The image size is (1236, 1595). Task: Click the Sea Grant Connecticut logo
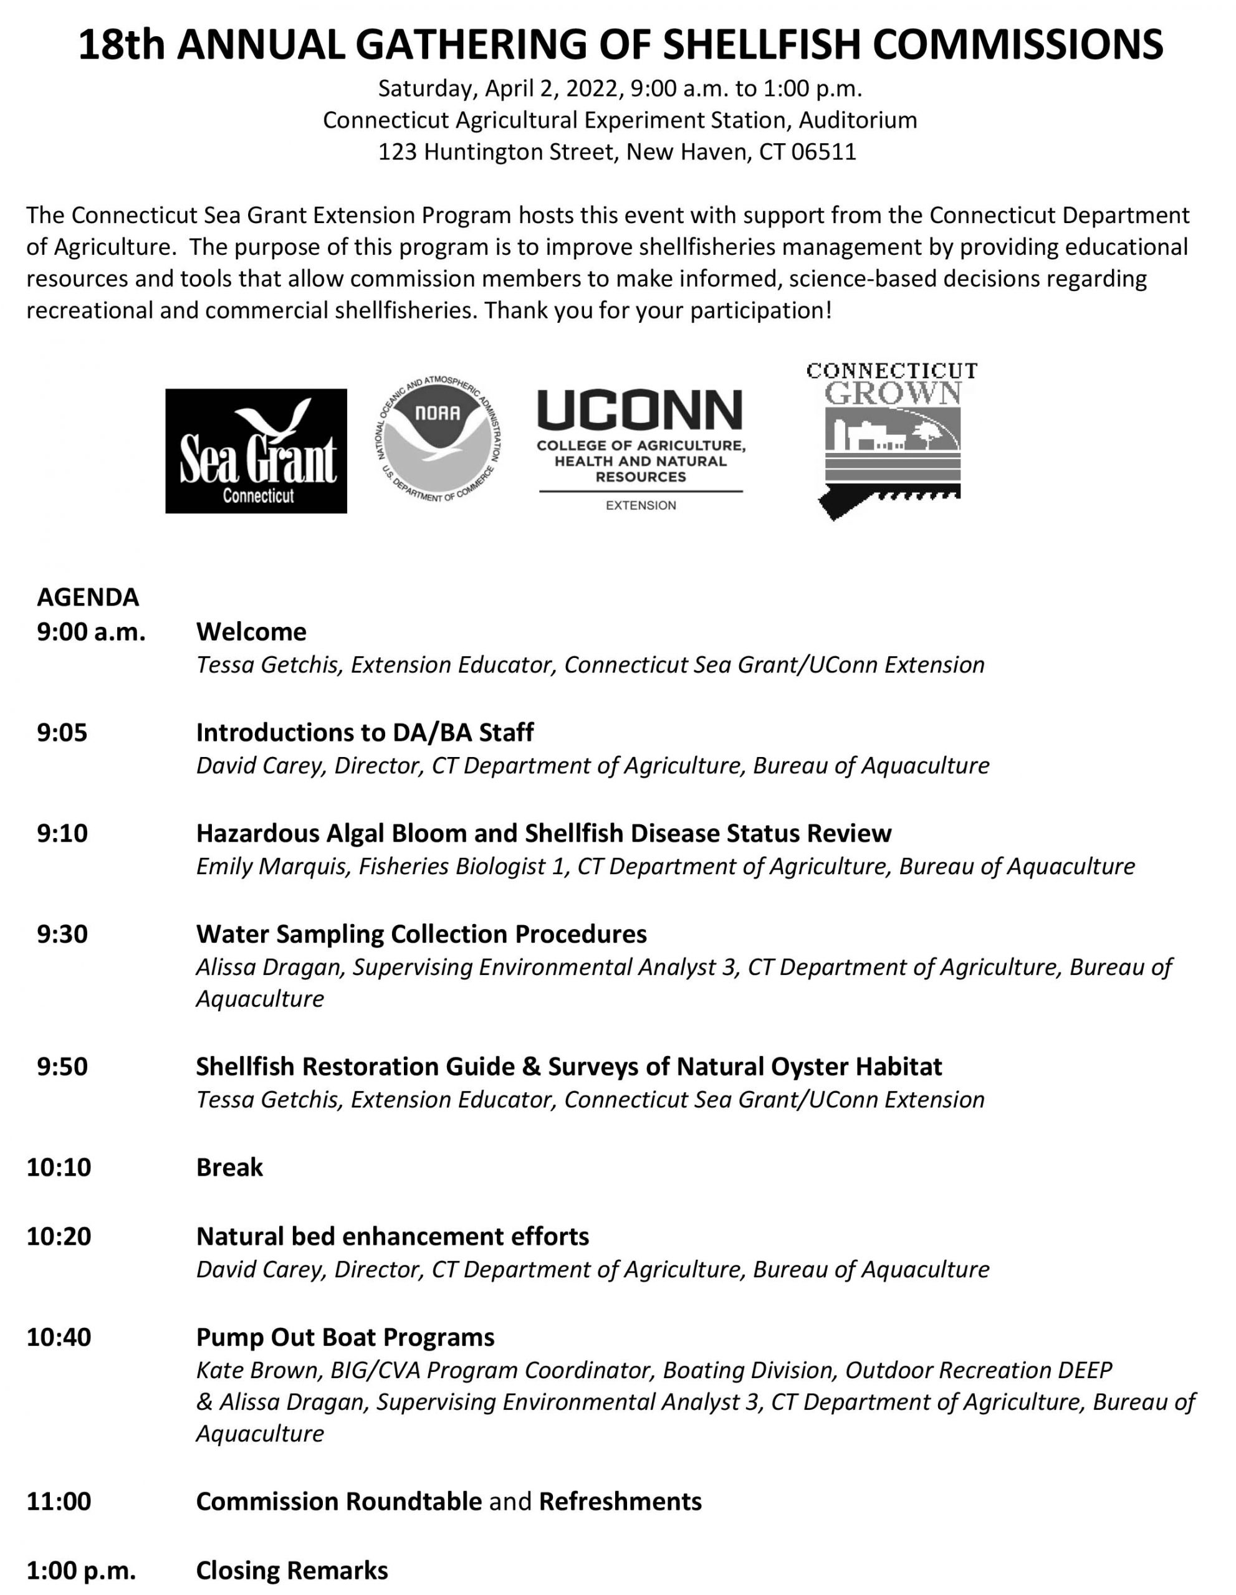coord(256,450)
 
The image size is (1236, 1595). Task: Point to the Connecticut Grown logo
coord(892,440)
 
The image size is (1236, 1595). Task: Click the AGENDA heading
coord(88,597)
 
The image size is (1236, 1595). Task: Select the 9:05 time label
coord(62,732)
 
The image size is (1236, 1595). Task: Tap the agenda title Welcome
coord(251,631)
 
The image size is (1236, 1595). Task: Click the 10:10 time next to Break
coord(59,1166)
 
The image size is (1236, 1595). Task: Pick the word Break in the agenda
coord(229,1166)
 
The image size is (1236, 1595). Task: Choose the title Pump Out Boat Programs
coord(345,1336)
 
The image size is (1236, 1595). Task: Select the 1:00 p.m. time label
coord(81,1569)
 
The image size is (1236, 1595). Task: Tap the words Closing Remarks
coord(292,1569)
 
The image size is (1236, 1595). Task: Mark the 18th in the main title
coord(122,45)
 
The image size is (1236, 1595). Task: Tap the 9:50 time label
coord(62,1066)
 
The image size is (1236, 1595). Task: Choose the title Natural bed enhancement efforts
coord(392,1236)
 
